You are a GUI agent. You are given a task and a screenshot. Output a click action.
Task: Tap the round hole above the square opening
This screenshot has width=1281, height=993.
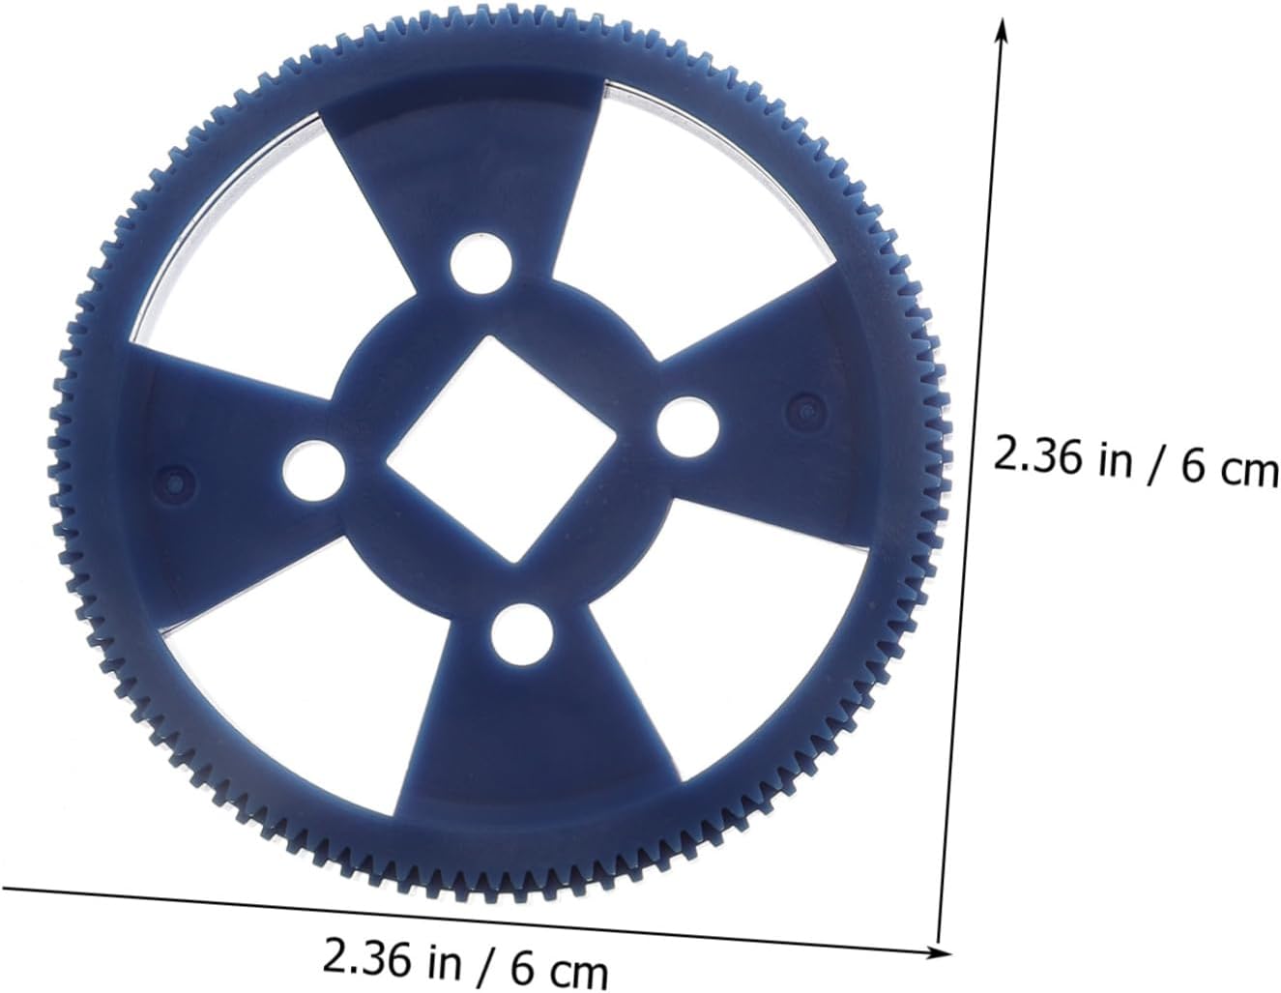coord(480,263)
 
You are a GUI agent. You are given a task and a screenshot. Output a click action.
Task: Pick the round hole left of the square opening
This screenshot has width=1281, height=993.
coord(313,472)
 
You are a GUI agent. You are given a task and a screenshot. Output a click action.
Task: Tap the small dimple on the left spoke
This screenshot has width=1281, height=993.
coord(174,484)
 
